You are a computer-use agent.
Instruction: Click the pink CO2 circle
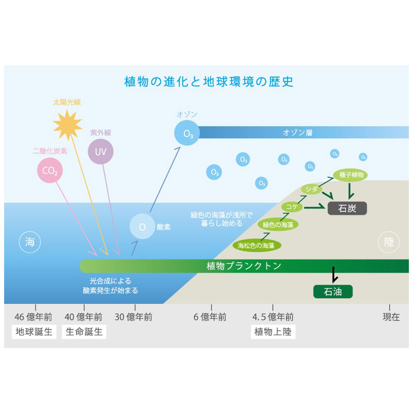click(50, 170)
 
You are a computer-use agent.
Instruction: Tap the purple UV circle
click(100, 152)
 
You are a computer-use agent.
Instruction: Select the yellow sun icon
click(68, 124)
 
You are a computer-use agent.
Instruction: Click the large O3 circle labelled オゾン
click(187, 133)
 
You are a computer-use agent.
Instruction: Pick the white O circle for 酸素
click(142, 226)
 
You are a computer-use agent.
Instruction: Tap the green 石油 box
click(333, 292)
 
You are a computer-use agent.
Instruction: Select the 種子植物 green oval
click(351, 175)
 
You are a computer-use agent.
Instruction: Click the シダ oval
click(312, 189)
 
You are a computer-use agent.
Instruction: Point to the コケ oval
click(292, 207)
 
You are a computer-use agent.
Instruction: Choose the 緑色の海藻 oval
click(278, 225)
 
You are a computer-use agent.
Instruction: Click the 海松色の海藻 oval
click(256, 245)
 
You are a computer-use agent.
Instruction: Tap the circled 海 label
click(30, 242)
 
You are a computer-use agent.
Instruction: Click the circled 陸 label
click(389, 242)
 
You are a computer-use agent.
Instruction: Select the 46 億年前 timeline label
click(33, 317)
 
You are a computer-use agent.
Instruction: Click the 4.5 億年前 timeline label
click(273, 317)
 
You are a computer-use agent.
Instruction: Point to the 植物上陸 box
click(273, 332)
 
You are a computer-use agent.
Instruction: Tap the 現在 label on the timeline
click(391, 317)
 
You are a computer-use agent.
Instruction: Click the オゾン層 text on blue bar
click(297, 133)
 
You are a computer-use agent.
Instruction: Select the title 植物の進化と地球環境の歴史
click(209, 81)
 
